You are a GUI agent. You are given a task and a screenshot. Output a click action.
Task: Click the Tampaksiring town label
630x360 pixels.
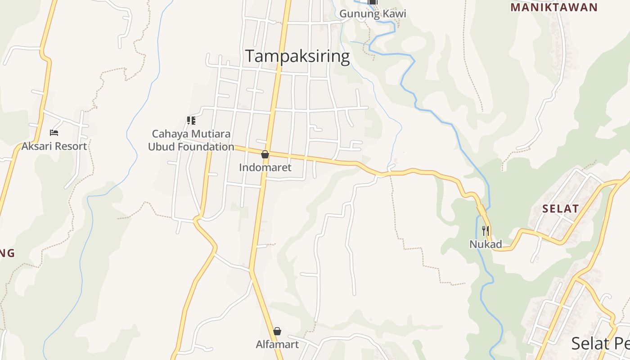click(297, 56)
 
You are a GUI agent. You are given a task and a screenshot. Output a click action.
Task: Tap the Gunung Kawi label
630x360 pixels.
click(373, 13)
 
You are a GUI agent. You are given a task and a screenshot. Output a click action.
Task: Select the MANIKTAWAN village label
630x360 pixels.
click(554, 7)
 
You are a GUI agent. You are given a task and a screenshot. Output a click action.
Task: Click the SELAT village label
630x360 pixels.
click(560, 208)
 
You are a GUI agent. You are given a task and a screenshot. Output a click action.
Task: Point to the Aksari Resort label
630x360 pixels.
click(54, 146)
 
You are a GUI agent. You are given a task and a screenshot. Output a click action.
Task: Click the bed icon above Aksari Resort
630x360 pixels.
click(54, 132)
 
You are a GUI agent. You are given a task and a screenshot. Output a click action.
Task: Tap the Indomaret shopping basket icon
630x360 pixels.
click(265, 154)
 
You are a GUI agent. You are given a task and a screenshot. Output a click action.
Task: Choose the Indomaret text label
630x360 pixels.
click(265, 168)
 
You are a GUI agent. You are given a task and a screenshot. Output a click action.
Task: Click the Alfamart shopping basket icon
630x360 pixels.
click(277, 331)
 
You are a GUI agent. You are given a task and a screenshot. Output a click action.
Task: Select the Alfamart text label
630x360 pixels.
click(277, 345)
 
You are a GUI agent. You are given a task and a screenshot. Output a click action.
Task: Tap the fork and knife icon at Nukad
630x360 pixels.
click(485, 231)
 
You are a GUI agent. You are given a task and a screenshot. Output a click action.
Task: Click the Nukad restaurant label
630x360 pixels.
click(486, 244)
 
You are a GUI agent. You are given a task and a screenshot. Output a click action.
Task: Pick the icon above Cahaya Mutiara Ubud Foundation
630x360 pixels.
click(191, 121)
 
